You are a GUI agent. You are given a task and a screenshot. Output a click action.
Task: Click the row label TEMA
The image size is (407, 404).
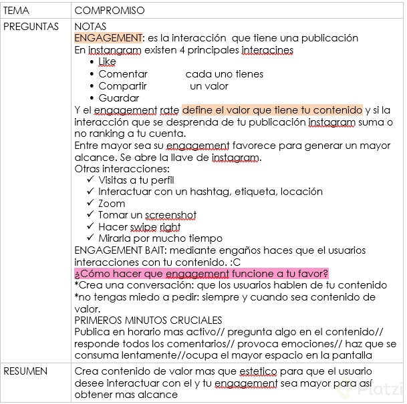(x=17, y=11)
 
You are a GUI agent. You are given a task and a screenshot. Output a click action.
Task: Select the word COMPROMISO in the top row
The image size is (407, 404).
(x=110, y=11)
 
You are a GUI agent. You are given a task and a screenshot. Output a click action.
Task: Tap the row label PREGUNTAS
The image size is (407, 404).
(x=31, y=26)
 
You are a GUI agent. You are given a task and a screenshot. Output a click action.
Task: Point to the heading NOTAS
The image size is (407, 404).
(x=90, y=26)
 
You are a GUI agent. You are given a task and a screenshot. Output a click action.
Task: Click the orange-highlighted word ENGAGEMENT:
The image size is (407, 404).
(x=108, y=38)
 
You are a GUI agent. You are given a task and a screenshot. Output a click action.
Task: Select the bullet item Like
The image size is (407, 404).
(x=107, y=62)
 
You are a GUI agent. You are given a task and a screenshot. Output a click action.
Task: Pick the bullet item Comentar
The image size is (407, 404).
(x=122, y=74)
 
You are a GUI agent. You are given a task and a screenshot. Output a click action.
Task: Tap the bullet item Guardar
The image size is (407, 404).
(x=118, y=98)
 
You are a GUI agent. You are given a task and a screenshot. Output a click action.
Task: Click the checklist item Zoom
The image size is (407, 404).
(x=112, y=204)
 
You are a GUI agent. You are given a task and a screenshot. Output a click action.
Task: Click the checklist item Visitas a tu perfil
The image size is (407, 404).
(x=136, y=180)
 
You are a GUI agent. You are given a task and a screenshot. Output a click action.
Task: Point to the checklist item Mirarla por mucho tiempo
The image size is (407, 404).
(x=160, y=238)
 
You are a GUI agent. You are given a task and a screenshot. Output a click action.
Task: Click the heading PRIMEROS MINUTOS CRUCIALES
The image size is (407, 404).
(x=148, y=321)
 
